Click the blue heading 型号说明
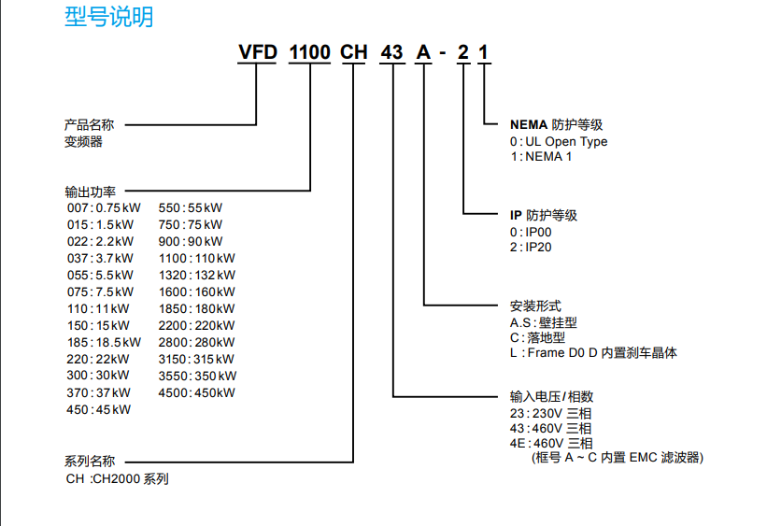[x=109, y=17]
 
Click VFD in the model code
[x=258, y=52]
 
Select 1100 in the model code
[x=309, y=52]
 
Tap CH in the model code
[x=354, y=52]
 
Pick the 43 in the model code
[x=391, y=52]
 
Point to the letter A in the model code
[x=423, y=52]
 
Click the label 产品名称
[x=89, y=125]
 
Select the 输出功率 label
[x=90, y=192]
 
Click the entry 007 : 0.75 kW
[x=104, y=208]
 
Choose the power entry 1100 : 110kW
[x=196, y=259]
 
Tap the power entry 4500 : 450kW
[x=196, y=393]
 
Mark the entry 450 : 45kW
[x=99, y=409]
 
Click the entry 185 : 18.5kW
[x=105, y=343]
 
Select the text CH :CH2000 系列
[x=118, y=478]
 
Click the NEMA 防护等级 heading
[x=556, y=125]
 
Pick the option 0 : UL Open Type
[x=559, y=141]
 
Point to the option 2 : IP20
[x=531, y=247]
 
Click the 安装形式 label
[x=535, y=306]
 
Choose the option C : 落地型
[x=537, y=337]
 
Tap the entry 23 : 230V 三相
[x=551, y=414]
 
